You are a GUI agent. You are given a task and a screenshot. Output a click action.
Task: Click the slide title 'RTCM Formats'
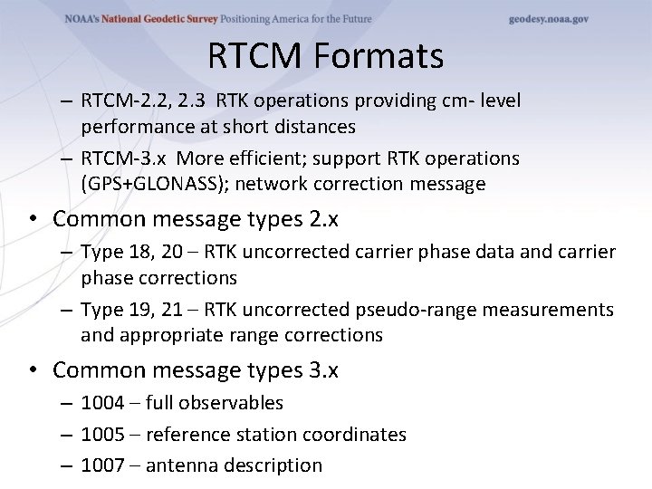(x=325, y=56)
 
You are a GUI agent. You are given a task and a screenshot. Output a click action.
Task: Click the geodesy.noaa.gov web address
(x=548, y=19)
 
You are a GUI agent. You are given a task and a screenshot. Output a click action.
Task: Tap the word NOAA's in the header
(x=86, y=19)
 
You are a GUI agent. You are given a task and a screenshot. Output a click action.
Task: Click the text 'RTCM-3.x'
(x=119, y=158)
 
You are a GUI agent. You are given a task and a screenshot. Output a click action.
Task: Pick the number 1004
(x=102, y=403)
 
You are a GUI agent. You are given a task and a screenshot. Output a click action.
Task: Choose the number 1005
(x=102, y=435)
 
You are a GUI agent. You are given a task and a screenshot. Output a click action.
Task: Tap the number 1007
(x=102, y=465)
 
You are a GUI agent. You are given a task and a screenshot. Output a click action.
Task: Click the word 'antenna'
(x=180, y=465)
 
